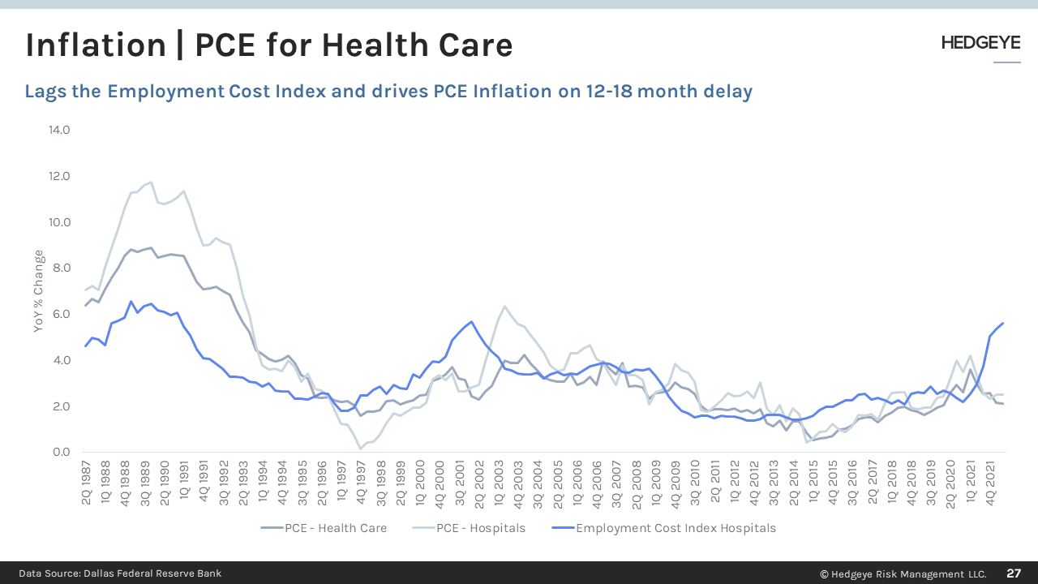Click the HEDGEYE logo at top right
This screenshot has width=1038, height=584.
[x=980, y=44]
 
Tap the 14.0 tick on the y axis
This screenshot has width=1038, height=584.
[x=60, y=130]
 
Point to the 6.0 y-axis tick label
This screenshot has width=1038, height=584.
[x=60, y=314]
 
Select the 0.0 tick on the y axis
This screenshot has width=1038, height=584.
[x=60, y=452]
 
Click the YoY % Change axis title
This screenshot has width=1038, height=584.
[x=38, y=291]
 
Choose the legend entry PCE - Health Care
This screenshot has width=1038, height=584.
[x=335, y=528]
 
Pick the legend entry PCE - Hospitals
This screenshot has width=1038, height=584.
[x=480, y=528]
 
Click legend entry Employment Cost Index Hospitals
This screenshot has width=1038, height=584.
[x=675, y=528]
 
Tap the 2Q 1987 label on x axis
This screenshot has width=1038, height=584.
[x=87, y=484]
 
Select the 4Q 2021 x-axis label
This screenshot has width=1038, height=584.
[x=991, y=484]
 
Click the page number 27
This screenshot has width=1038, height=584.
[x=1014, y=573]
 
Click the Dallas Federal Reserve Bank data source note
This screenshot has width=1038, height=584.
[x=120, y=573]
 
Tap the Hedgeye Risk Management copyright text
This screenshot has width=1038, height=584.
[x=903, y=573]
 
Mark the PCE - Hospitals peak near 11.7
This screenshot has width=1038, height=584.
[x=151, y=182]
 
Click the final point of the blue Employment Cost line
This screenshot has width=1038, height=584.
[x=1003, y=323]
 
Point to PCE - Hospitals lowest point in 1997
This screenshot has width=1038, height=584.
[x=360, y=449]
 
